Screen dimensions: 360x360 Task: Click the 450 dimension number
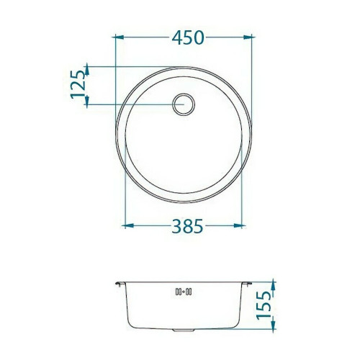point(188,38)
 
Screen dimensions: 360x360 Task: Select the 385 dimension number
point(188,226)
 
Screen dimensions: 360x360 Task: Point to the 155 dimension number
point(264,305)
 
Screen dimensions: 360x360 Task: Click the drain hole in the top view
point(184,104)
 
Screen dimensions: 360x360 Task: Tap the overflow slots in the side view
point(184,292)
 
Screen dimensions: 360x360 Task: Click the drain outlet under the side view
point(184,330)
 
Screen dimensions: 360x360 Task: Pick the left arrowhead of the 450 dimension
point(120,37)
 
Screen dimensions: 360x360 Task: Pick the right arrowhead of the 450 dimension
point(248,37)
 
